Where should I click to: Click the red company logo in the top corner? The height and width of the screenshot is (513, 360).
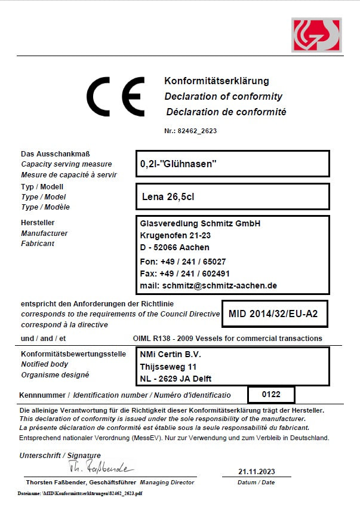pos(316,35)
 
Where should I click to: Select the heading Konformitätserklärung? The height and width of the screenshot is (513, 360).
pos(217,81)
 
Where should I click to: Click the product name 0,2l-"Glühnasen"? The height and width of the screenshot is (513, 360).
pos(178,163)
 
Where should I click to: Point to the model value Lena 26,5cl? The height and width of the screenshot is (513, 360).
pos(168,196)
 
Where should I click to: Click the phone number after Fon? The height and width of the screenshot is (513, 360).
pos(193,262)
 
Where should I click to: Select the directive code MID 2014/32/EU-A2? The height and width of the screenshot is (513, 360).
pos(278,314)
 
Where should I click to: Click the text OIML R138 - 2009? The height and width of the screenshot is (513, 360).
pos(169,338)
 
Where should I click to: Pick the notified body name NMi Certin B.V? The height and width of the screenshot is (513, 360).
pos(170,354)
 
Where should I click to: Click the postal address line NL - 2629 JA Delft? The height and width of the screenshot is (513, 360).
pos(176,379)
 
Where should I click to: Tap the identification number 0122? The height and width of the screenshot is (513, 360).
pos(262,395)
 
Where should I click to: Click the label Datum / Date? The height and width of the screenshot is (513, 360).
pos(256,482)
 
